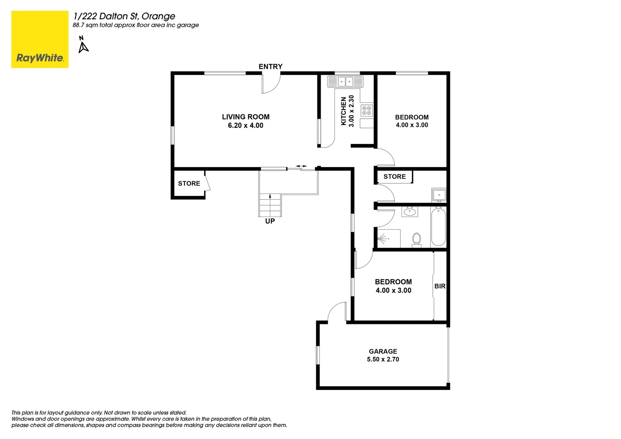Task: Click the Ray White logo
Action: [40, 39]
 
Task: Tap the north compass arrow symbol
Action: [83, 46]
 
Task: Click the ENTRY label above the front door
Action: [270, 67]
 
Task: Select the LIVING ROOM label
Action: [245, 117]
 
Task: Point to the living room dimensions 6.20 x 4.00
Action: [245, 126]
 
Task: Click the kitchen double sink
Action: [345, 82]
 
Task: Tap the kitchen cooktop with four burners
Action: [367, 110]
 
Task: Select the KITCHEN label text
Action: [344, 111]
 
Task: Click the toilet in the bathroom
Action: [417, 239]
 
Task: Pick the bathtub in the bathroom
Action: [438, 226]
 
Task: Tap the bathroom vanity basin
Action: [410, 212]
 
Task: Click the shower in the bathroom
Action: [389, 239]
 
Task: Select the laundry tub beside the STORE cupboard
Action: [439, 195]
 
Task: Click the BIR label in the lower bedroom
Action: [440, 286]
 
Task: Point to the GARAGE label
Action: [383, 352]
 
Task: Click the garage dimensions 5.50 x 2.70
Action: [383, 359]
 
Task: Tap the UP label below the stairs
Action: [270, 221]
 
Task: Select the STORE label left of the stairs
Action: [189, 184]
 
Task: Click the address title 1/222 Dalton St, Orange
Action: [124, 16]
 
